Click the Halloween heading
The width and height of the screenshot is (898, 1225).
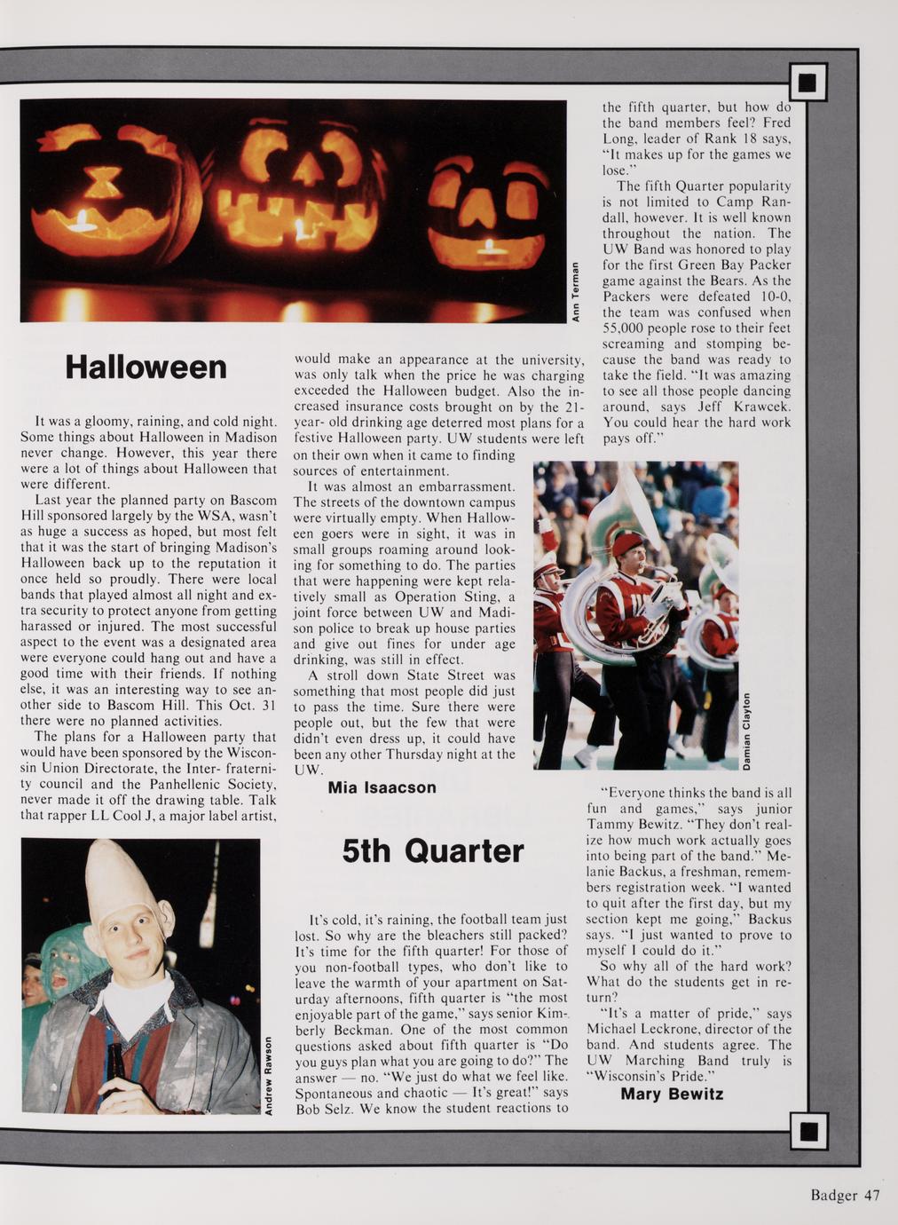coord(146,367)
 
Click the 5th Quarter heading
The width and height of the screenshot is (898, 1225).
coord(433,850)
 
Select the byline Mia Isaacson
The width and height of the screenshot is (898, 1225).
coord(382,787)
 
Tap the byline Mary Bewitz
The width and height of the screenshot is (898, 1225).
coord(672,1094)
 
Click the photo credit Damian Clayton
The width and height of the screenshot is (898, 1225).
coord(747,731)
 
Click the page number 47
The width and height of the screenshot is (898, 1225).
coord(871,1195)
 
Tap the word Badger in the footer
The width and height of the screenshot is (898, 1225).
coord(833,1195)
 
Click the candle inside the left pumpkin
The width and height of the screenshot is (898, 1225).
coord(83,219)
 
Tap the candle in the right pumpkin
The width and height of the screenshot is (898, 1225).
coord(490,248)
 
